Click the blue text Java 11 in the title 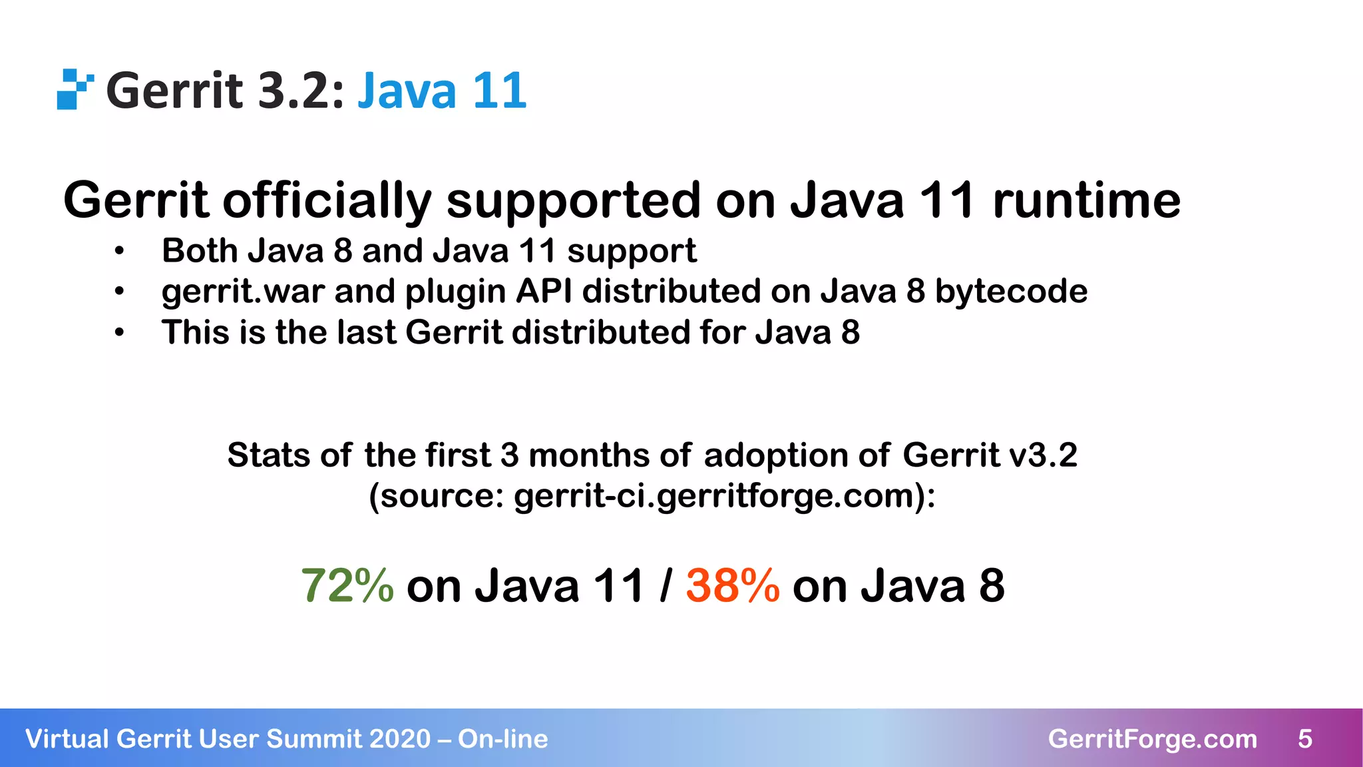point(442,91)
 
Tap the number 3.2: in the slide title point(301,91)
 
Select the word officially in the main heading point(326,201)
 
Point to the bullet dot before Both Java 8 point(119,252)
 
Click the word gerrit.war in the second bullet point(243,292)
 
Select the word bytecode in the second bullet point(1011,292)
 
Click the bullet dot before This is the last point(119,333)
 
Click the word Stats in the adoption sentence point(268,455)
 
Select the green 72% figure point(347,586)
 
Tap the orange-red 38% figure point(732,586)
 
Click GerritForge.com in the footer point(1152,739)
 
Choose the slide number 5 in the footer point(1304,739)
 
